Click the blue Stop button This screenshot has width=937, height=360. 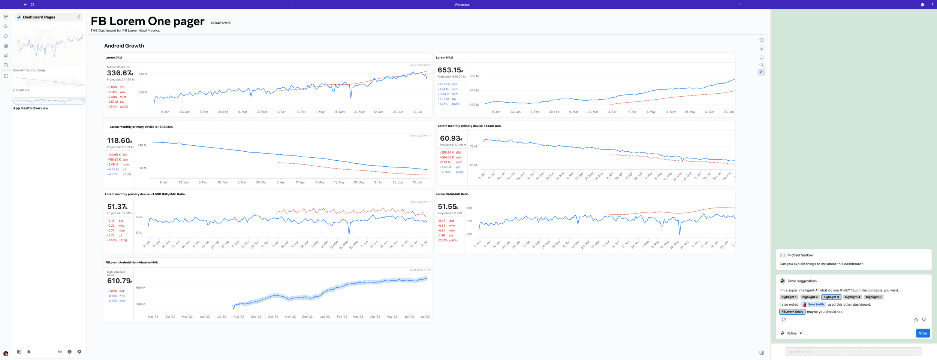click(x=922, y=333)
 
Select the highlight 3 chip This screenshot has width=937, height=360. click(x=831, y=297)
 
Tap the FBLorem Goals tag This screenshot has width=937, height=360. click(x=792, y=312)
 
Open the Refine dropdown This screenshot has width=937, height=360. click(x=792, y=333)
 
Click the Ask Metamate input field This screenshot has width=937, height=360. click(x=853, y=351)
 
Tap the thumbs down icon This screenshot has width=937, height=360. click(x=924, y=320)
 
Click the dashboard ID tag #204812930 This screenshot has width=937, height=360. click(x=221, y=23)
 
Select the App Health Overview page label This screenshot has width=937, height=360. click(x=31, y=108)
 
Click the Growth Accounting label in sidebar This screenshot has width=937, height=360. click(x=29, y=70)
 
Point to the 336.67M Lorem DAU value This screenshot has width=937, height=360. click(x=120, y=73)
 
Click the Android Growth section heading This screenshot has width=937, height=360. click(x=124, y=46)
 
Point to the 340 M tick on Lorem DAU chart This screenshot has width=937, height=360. click(x=143, y=74)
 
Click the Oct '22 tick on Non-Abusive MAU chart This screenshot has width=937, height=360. click(x=273, y=317)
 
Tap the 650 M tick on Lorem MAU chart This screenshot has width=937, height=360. click(x=474, y=76)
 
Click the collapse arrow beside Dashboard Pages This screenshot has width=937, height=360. click(x=79, y=17)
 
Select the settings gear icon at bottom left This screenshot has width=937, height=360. click(x=79, y=352)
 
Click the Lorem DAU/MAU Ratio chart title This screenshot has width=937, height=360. click(x=452, y=194)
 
